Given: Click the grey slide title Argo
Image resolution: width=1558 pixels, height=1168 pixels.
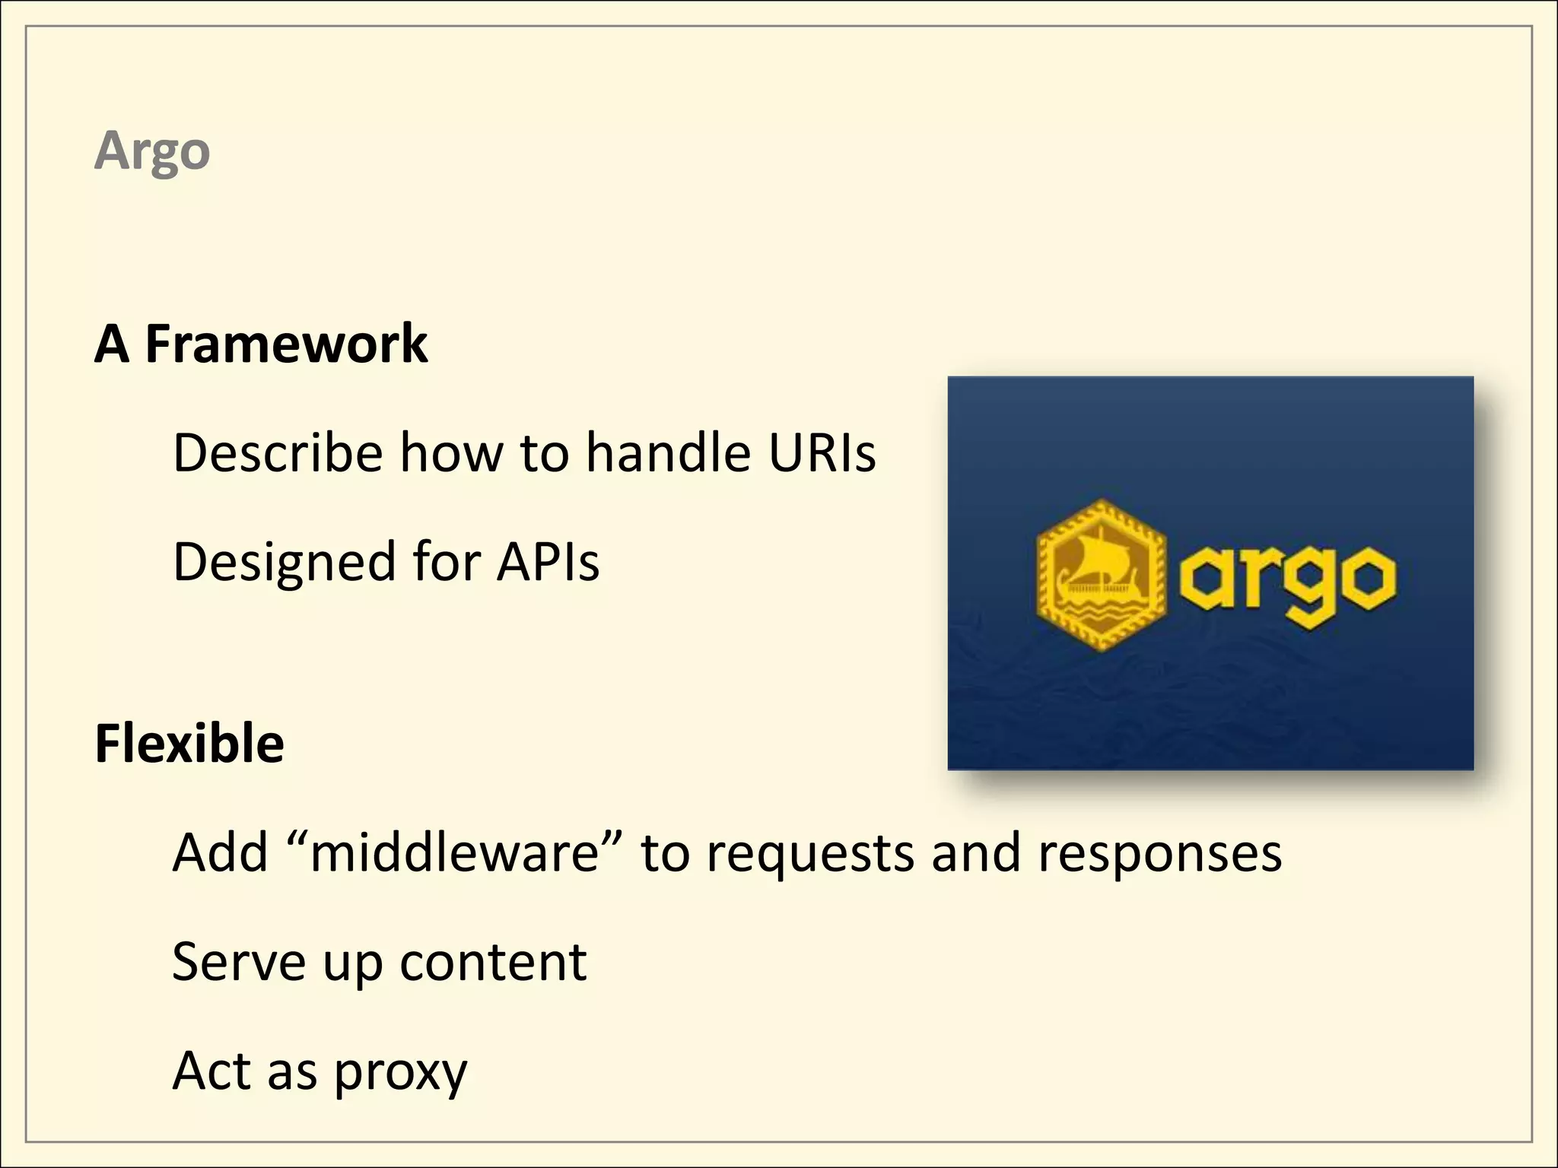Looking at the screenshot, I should pyautogui.click(x=152, y=151).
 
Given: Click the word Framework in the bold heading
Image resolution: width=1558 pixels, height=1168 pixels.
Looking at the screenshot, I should pyautogui.click(x=286, y=344).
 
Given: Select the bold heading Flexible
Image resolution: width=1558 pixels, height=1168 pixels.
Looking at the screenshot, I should pyautogui.click(x=189, y=743).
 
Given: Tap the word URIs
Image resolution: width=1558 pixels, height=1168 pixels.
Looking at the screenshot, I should pyautogui.click(x=822, y=453).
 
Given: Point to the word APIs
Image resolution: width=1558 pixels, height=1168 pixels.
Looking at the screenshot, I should pyautogui.click(x=548, y=562).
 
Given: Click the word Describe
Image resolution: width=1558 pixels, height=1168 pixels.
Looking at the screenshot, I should pyautogui.click(x=278, y=453).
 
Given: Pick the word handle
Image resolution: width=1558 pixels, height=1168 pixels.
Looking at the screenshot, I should pyautogui.click(x=668, y=453).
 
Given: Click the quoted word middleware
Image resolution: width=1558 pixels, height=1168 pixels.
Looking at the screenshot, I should pyautogui.click(x=455, y=852).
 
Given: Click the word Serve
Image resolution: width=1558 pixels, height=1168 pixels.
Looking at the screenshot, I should pyautogui.click(x=239, y=962).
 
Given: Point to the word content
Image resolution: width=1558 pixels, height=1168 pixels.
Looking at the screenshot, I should pyautogui.click(x=493, y=962).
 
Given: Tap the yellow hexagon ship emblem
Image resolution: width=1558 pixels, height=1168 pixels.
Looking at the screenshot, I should pyautogui.click(x=1100, y=576).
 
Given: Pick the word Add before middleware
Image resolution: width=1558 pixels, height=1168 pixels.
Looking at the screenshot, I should pyautogui.click(x=220, y=852).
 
